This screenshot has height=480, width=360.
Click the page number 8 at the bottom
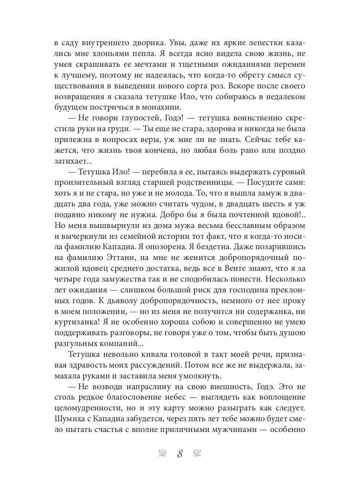(180, 454)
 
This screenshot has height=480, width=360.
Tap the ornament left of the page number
(162, 453)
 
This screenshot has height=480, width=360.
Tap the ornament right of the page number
(197, 453)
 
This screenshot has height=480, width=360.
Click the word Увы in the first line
(178, 42)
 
